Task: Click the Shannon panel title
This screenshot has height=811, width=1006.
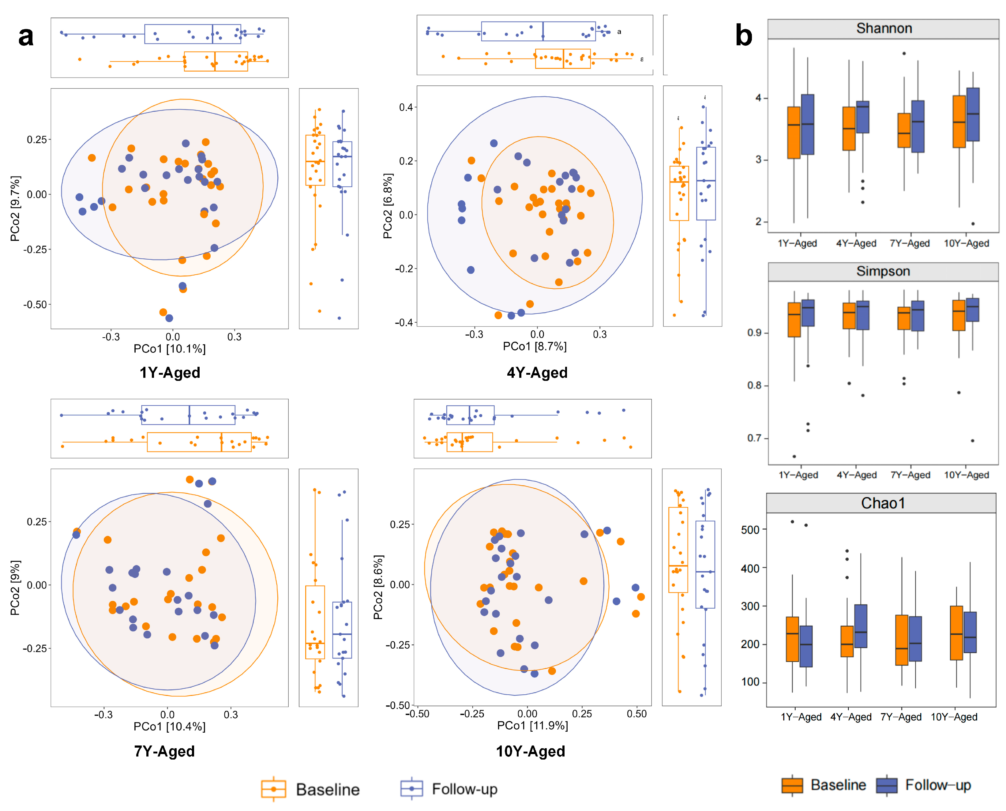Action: click(x=884, y=28)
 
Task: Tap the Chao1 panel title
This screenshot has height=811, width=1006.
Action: click(x=883, y=503)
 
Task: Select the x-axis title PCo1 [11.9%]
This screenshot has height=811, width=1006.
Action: click(x=532, y=726)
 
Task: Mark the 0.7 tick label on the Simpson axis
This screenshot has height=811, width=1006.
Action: click(x=754, y=438)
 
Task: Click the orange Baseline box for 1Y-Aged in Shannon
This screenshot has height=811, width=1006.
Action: click(x=794, y=133)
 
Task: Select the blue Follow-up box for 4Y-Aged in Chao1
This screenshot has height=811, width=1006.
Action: click(x=861, y=626)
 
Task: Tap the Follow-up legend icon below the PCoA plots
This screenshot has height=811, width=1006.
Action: click(x=411, y=789)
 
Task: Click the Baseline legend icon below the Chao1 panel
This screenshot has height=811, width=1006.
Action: click(x=792, y=785)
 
